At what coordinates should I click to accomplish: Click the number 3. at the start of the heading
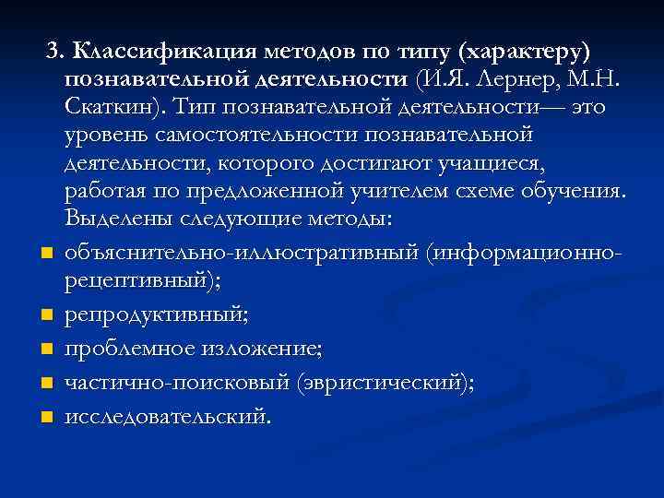57,48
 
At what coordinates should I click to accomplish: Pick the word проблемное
134,349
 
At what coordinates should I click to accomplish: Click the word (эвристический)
386,382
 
